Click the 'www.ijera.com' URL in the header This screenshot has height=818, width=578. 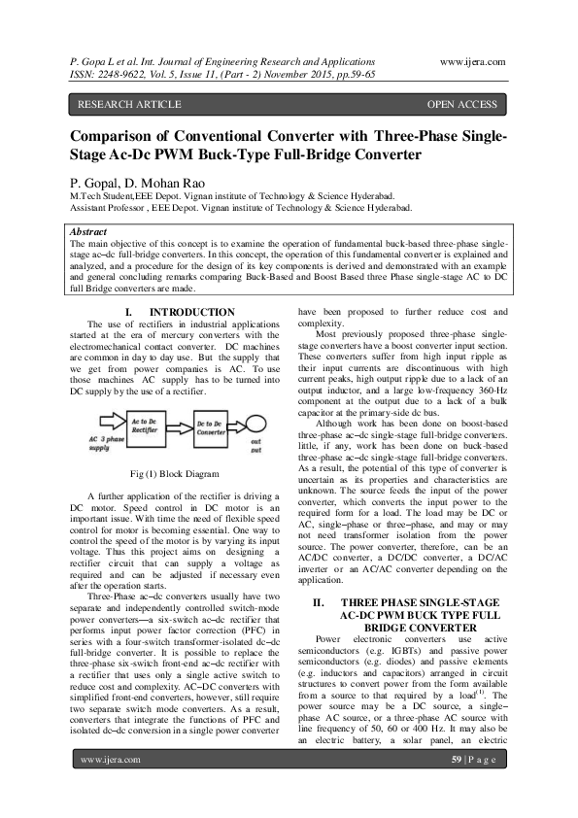point(472,61)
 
